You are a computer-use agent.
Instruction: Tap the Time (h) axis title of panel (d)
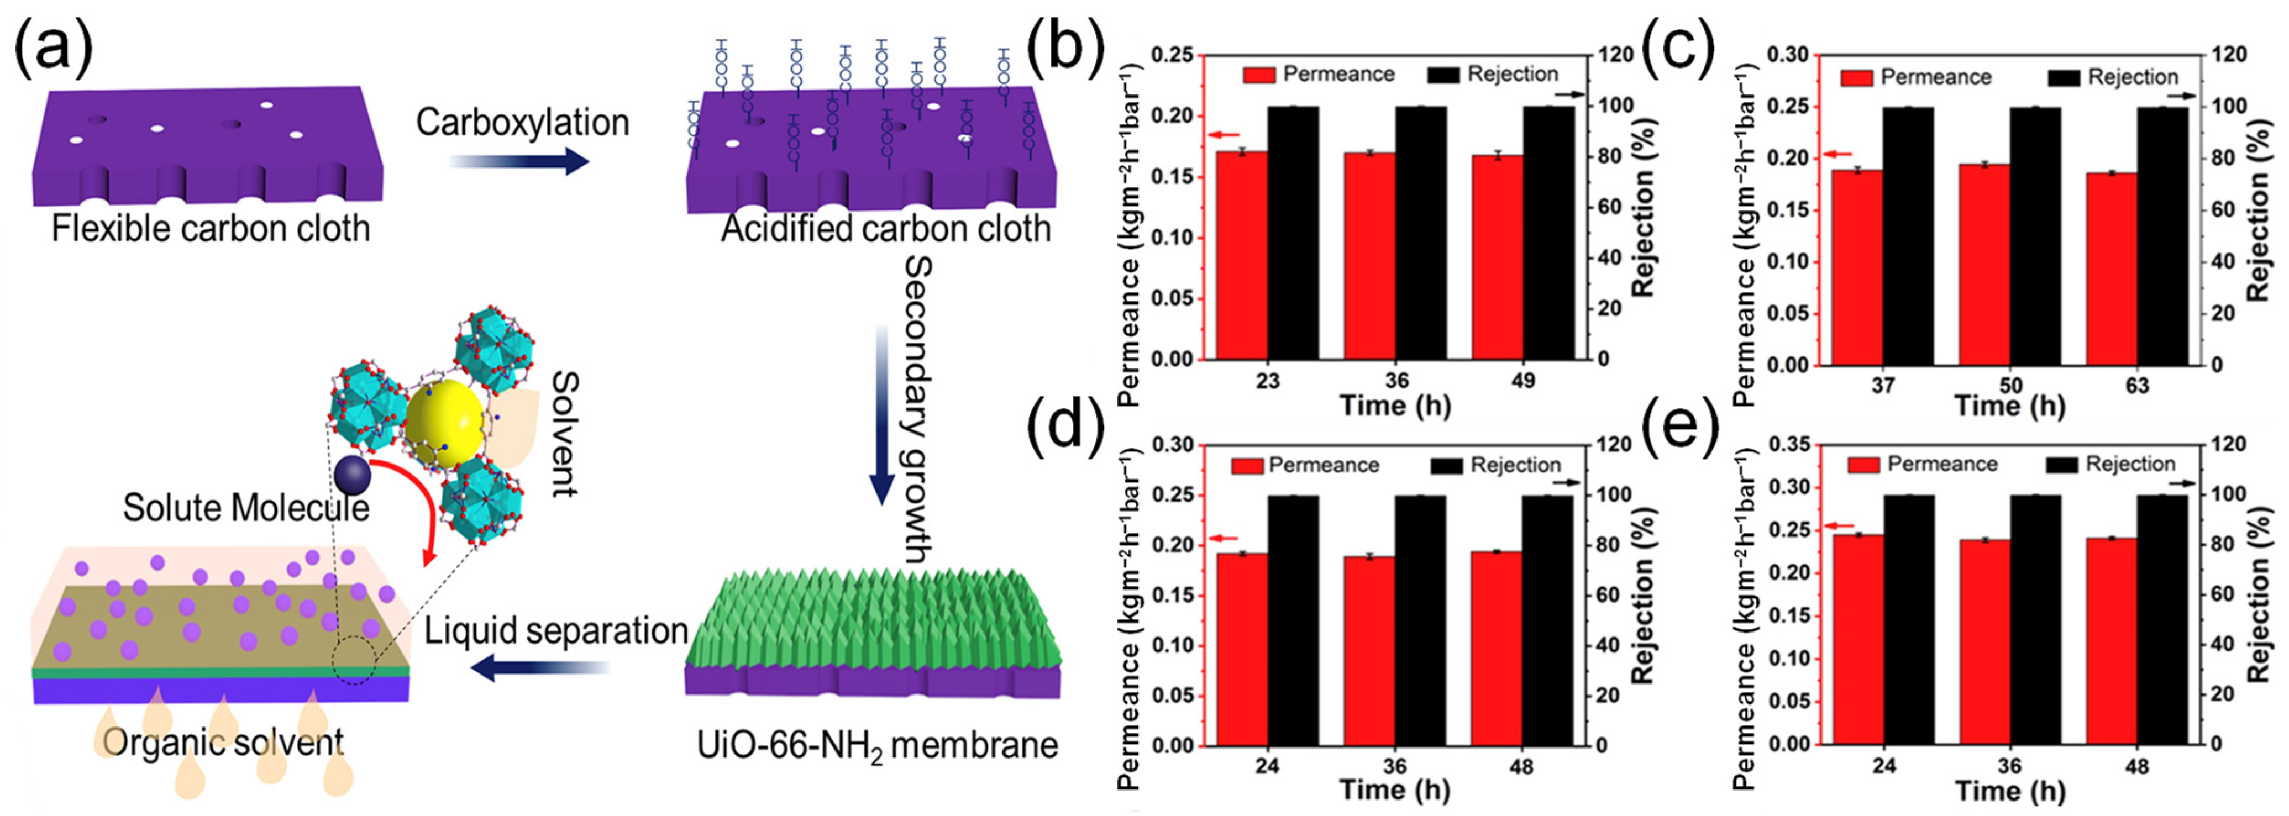(x=1394, y=789)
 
